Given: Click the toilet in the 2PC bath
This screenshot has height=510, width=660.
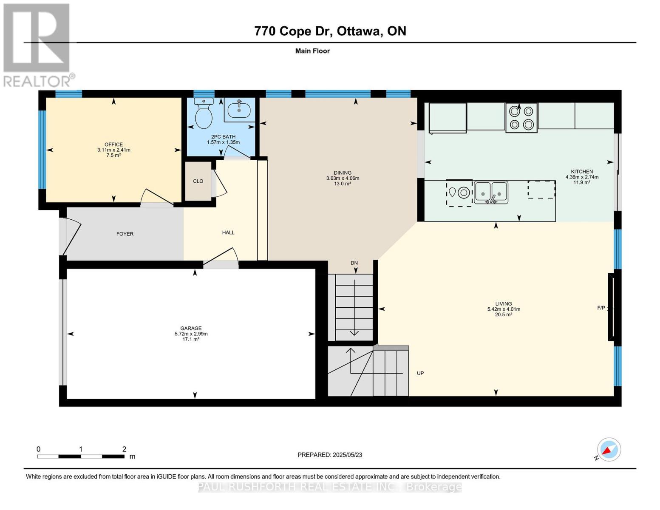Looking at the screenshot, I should coord(204,113).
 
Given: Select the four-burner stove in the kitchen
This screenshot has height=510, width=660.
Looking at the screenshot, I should coord(521,118).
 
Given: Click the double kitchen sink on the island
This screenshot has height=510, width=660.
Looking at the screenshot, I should coord(491,193).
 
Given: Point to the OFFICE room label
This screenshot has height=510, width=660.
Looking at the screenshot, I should coord(113,145).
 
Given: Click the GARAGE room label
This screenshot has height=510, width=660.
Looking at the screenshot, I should coord(191,329).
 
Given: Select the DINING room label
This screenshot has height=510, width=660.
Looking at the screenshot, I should coord(342,173).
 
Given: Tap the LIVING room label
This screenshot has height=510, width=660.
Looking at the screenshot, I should coord(503,304).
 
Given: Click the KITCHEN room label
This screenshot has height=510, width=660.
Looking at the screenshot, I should coord(581,172).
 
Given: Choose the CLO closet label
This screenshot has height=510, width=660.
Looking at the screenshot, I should coord(198,181).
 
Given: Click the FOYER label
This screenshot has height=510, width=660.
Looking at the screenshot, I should coord(125,234).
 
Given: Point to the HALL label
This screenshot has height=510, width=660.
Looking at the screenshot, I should coord(228,233).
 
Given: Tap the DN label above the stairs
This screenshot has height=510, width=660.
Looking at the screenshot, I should coord(354,263).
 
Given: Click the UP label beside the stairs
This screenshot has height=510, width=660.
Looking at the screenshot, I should coord(420,374).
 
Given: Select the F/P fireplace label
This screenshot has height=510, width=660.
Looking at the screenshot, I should coord(601,308).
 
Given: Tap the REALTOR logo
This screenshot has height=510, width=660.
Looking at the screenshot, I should coord(37,45).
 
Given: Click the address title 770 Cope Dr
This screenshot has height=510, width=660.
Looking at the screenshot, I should coord(330,31).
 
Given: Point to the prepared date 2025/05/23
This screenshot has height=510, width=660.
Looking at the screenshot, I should coord(330,455).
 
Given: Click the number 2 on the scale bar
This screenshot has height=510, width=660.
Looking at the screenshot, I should coord(124,449).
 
